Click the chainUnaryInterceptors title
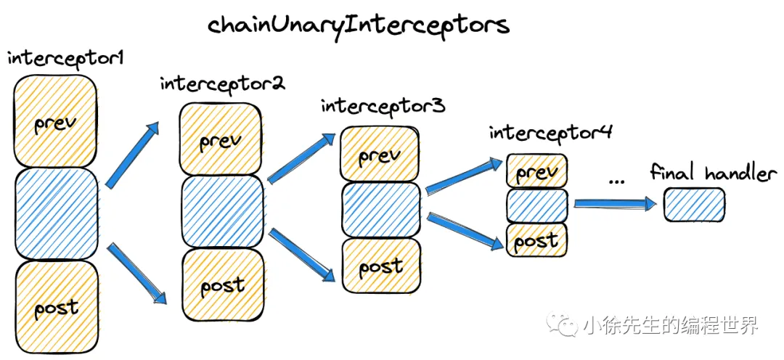click(359, 25)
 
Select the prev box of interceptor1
click(55, 121)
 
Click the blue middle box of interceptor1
click(55, 213)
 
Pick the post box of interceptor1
click(56, 306)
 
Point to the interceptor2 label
click(222, 83)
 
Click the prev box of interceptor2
click(221, 139)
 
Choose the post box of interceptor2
click(222, 285)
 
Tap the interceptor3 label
click(383, 106)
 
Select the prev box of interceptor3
click(380, 155)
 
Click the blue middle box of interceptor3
click(380, 210)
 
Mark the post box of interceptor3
click(380, 266)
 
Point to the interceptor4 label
click(551, 133)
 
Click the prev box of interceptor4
click(536, 171)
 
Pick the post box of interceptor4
click(536, 240)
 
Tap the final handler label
click(713, 173)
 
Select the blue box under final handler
click(694, 205)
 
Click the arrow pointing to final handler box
click(614, 205)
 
